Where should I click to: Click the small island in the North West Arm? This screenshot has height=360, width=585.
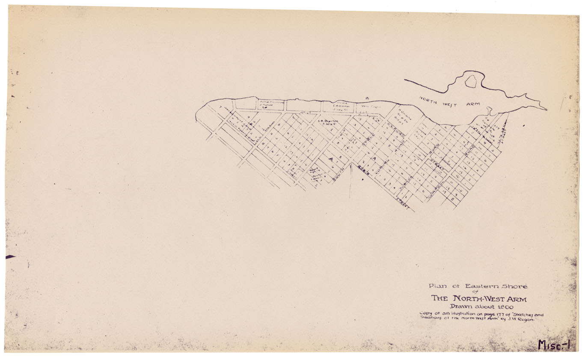471,81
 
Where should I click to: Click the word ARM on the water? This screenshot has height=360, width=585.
473,104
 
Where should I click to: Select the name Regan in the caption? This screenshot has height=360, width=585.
526,319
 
